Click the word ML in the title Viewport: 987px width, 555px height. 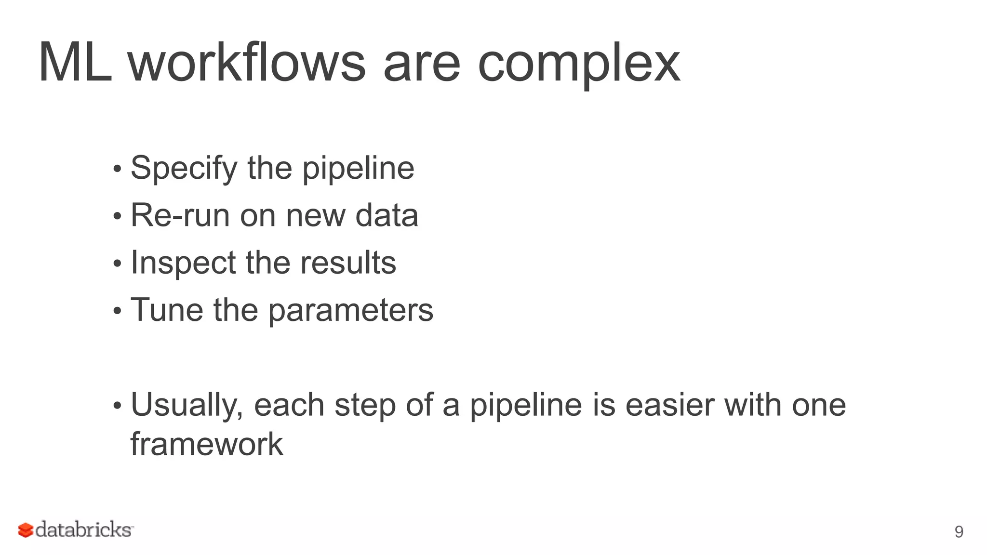tap(75, 63)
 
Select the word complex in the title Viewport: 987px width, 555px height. tap(578, 65)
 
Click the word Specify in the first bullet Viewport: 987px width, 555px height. tap(184, 169)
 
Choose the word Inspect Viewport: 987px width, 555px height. tap(183, 263)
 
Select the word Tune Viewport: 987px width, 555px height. tap(167, 310)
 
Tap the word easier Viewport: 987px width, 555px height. tap(669, 405)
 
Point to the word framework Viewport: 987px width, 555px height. tap(207, 444)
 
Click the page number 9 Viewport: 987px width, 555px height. tap(959, 532)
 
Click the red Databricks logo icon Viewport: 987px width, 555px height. tap(26, 530)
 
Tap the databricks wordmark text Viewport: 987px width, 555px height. tap(83, 530)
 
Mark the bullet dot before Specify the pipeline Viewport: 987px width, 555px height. tap(117, 170)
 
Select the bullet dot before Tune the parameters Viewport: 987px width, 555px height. tap(117, 311)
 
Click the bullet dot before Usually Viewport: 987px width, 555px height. tap(117, 406)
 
